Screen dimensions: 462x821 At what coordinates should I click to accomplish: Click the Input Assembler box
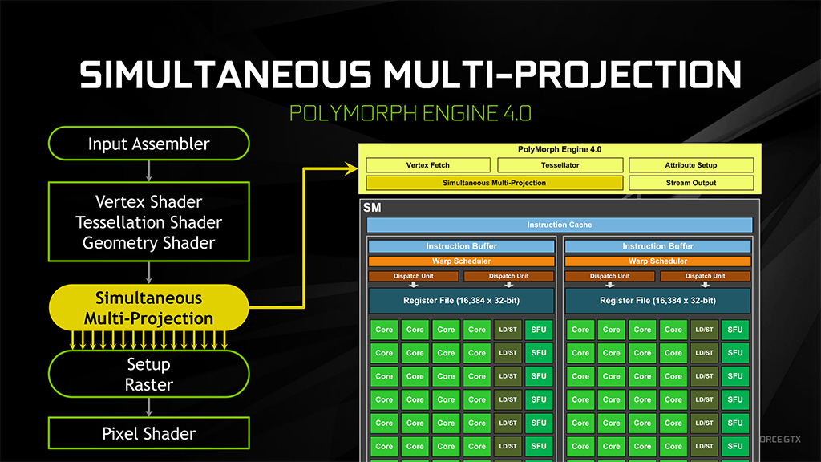coord(148,144)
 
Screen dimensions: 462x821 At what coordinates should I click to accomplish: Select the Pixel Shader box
coord(148,434)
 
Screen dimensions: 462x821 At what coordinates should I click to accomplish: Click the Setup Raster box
coord(148,375)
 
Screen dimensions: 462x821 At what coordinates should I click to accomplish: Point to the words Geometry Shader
coord(148,242)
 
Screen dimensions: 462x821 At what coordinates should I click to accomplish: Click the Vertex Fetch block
coord(428,165)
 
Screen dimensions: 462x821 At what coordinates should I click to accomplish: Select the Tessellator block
coord(560,165)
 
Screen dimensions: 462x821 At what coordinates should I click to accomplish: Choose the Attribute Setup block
coord(691,165)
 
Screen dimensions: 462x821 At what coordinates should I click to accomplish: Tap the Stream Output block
coord(691,183)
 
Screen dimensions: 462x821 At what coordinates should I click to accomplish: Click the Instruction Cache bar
coord(560,225)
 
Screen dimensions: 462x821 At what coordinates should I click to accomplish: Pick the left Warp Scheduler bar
coord(461,261)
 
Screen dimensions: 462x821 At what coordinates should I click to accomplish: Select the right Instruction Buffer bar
coord(657,246)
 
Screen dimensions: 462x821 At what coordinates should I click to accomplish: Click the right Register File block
coord(657,301)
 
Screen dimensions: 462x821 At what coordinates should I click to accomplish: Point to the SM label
coord(372,207)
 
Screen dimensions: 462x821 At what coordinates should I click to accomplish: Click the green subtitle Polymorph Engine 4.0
coord(410,111)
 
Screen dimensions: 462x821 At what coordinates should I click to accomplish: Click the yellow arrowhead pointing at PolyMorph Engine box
coord(351,168)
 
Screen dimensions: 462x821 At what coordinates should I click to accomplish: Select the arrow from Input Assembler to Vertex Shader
coord(148,170)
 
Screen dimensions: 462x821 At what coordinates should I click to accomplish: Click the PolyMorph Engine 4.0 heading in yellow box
coord(560,150)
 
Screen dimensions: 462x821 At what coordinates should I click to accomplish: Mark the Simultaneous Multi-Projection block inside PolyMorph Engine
coord(494,183)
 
